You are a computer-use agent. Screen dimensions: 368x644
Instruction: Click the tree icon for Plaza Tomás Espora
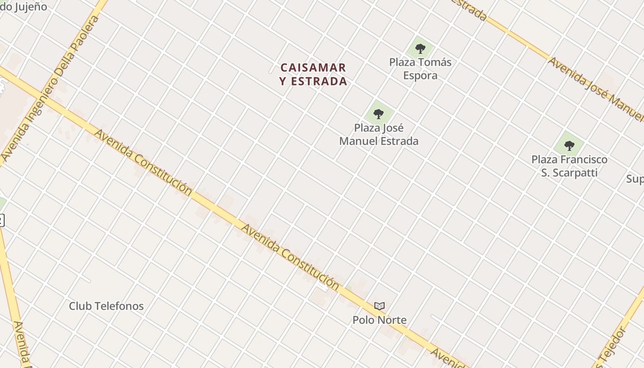[x=420, y=48]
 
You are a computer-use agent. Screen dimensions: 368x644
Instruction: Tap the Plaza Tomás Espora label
[x=420, y=69]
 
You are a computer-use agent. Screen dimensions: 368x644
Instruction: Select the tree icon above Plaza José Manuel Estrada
[x=379, y=113]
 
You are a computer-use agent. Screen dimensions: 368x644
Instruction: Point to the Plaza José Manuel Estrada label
[x=379, y=134]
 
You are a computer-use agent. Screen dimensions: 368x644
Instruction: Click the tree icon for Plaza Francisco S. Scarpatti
[x=569, y=146]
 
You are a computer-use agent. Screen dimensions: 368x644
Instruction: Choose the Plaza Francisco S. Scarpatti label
[x=569, y=166]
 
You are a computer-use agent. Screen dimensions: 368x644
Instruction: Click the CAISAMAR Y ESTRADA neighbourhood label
[x=313, y=75]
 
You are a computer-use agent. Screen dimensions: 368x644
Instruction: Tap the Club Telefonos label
[x=106, y=306]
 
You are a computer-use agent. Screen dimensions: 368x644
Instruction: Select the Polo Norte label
[x=379, y=320]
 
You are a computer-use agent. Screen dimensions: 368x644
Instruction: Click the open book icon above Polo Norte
[x=379, y=306]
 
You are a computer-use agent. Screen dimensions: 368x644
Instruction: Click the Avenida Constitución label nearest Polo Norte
[x=290, y=257]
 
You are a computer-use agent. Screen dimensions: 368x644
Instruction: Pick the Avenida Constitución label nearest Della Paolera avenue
[x=143, y=162]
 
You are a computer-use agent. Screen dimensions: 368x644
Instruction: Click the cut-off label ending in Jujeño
[x=23, y=6]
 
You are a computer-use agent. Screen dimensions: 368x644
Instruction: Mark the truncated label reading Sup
[x=635, y=178]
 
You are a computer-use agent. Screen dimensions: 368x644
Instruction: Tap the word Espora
[x=420, y=75]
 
